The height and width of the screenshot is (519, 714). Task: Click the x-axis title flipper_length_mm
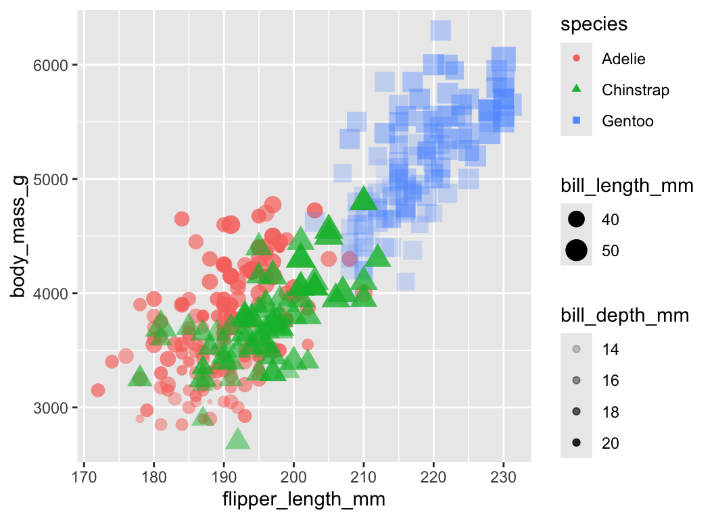click(304, 500)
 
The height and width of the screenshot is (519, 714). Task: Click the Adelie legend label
click(623, 59)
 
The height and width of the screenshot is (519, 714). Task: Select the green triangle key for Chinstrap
click(576, 89)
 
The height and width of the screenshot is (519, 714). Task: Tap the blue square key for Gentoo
click(576, 120)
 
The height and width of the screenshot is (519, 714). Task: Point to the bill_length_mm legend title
click(627, 187)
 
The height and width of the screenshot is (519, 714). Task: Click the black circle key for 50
click(576, 251)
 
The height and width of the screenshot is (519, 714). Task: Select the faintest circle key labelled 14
click(576, 349)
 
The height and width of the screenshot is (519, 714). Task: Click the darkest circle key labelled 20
click(576, 443)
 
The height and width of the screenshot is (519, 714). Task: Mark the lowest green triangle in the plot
click(237, 440)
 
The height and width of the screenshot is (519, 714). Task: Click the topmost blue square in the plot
click(440, 30)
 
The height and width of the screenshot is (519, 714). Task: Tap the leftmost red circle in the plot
click(97, 390)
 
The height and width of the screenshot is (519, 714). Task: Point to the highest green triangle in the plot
click(363, 199)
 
